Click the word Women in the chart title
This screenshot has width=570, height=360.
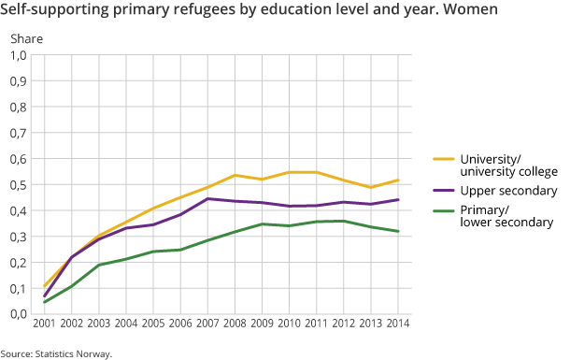pyautogui.click(x=471, y=11)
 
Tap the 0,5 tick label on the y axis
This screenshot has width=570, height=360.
pyautogui.click(x=19, y=184)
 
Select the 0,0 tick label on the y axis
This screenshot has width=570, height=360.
pyautogui.click(x=19, y=313)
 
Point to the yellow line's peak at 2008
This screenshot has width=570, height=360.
pyautogui.click(x=235, y=175)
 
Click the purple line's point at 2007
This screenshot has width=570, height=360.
pyautogui.click(x=208, y=198)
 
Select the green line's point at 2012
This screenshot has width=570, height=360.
pyautogui.click(x=344, y=221)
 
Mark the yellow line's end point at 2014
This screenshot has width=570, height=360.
pyautogui.click(x=398, y=180)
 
